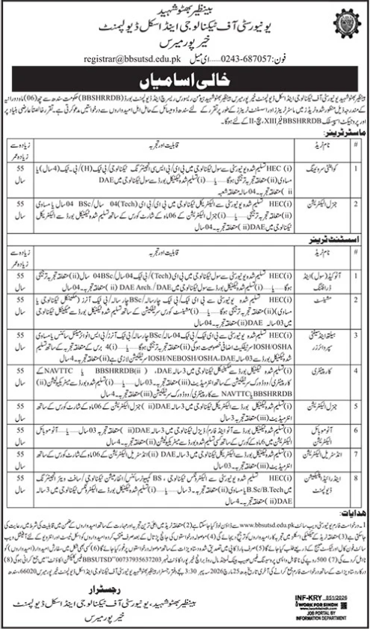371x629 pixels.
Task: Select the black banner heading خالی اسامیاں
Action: (185, 78)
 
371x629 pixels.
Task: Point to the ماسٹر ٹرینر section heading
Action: (342, 134)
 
